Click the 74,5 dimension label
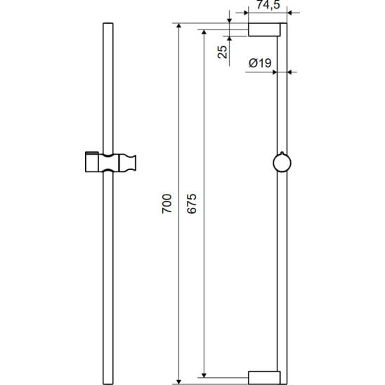tap(268, 5)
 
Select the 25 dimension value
tap(223, 52)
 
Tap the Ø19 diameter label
tap(260, 63)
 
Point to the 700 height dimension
tap(167, 204)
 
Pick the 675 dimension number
tap(192, 204)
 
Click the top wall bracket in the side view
tap(264, 30)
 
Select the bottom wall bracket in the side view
tap(264, 378)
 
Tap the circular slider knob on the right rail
tap(282, 162)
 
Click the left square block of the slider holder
tap(92, 162)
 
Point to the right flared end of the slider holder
tap(127, 162)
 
